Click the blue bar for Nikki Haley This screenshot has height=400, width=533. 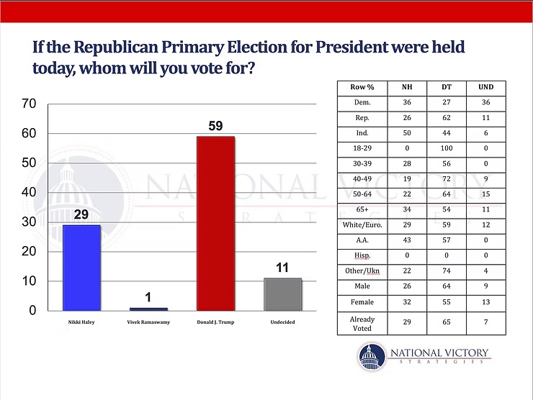click(x=81, y=267)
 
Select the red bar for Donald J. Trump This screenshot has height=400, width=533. click(x=216, y=223)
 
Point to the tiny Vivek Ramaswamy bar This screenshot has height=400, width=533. click(x=148, y=309)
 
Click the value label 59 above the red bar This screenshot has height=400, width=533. click(x=216, y=126)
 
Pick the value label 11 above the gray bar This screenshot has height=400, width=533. click(x=282, y=268)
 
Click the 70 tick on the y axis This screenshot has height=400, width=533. click(x=30, y=104)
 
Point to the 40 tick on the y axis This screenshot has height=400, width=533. click(x=30, y=193)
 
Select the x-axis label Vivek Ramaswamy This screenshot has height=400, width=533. click(x=148, y=322)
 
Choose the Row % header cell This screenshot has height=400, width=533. click(x=362, y=87)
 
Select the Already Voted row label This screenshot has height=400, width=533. click(x=362, y=323)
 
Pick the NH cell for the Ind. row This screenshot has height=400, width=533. click(x=407, y=132)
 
